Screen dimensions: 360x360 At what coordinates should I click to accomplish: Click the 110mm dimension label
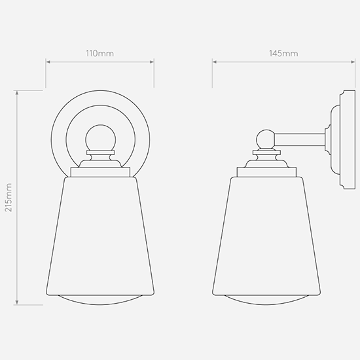pyautogui.click(x=100, y=54)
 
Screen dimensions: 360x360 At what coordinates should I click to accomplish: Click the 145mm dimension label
pyautogui.click(x=283, y=54)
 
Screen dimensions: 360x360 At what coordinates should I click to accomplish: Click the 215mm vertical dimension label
pyautogui.click(x=9, y=198)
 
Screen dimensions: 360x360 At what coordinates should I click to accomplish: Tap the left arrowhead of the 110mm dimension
pyautogui.click(x=48, y=62)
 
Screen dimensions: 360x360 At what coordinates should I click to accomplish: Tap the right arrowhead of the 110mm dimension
pyautogui.click(x=152, y=62)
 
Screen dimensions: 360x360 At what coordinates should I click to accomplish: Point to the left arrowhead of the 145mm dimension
pyautogui.click(x=215, y=62)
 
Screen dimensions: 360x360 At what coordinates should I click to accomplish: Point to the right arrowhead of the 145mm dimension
pyautogui.click(x=353, y=62)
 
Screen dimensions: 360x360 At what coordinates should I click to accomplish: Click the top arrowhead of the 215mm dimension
pyautogui.click(x=17, y=92)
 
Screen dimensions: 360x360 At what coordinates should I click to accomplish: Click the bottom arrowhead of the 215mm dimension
pyautogui.click(x=17, y=302)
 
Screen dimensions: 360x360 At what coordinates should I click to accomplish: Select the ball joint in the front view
pyautogui.click(x=101, y=138)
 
